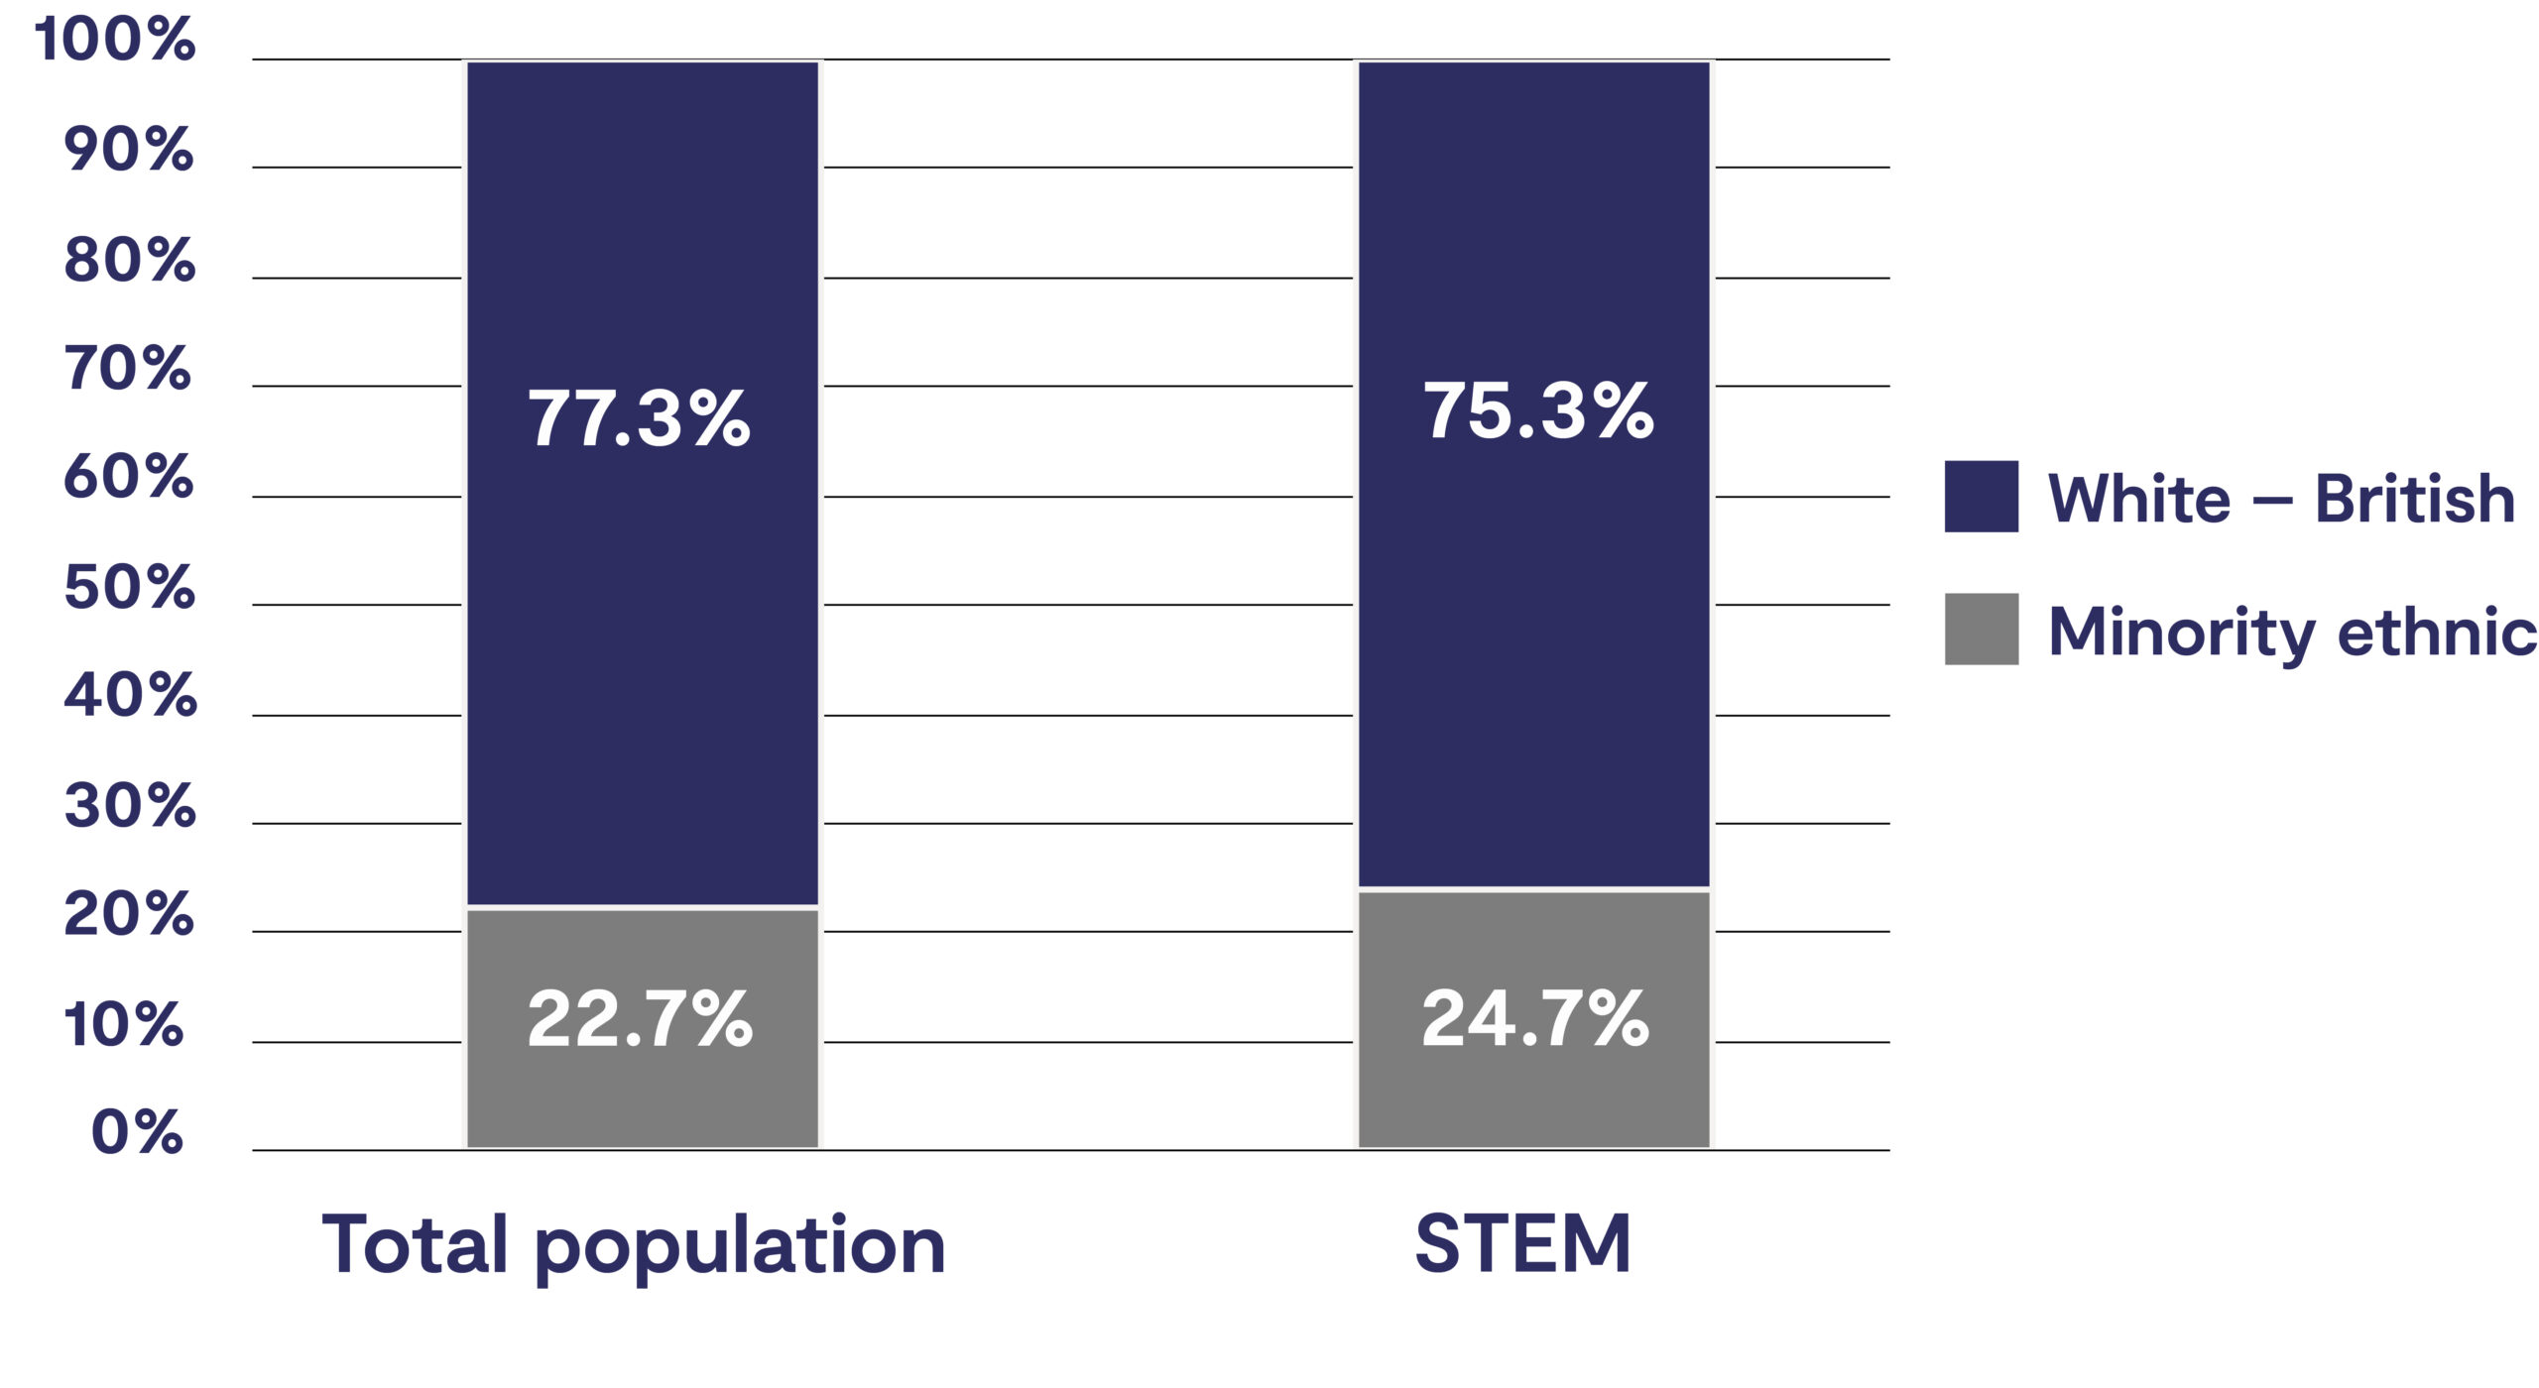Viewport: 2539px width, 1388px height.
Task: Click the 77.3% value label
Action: (x=639, y=418)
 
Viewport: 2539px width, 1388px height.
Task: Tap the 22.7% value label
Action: (x=640, y=1018)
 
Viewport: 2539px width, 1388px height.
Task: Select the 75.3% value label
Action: (x=1538, y=410)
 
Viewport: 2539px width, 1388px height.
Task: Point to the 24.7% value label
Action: (x=1535, y=1018)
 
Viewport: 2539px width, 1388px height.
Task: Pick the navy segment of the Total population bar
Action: (x=643, y=248)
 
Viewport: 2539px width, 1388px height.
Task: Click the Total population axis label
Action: (x=634, y=1245)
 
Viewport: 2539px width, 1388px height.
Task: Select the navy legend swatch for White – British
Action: (x=1981, y=497)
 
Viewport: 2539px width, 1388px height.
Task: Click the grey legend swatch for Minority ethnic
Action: (x=1981, y=629)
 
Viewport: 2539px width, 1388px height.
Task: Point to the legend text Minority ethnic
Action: (x=2292, y=632)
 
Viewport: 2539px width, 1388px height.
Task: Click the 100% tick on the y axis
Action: (x=115, y=40)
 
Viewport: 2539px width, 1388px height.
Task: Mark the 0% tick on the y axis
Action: (x=137, y=1131)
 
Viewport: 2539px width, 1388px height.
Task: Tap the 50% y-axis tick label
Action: (x=130, y=587)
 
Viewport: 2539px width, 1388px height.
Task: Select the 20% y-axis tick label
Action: (x=129, y=914)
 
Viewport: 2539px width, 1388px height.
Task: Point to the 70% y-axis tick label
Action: (x=128, y=369)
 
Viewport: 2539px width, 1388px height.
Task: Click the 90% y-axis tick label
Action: (x=129, y=150)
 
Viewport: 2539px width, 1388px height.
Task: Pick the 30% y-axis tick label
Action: (x=130, y=805)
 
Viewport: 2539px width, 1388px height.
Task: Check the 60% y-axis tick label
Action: (x=129, y=477)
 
